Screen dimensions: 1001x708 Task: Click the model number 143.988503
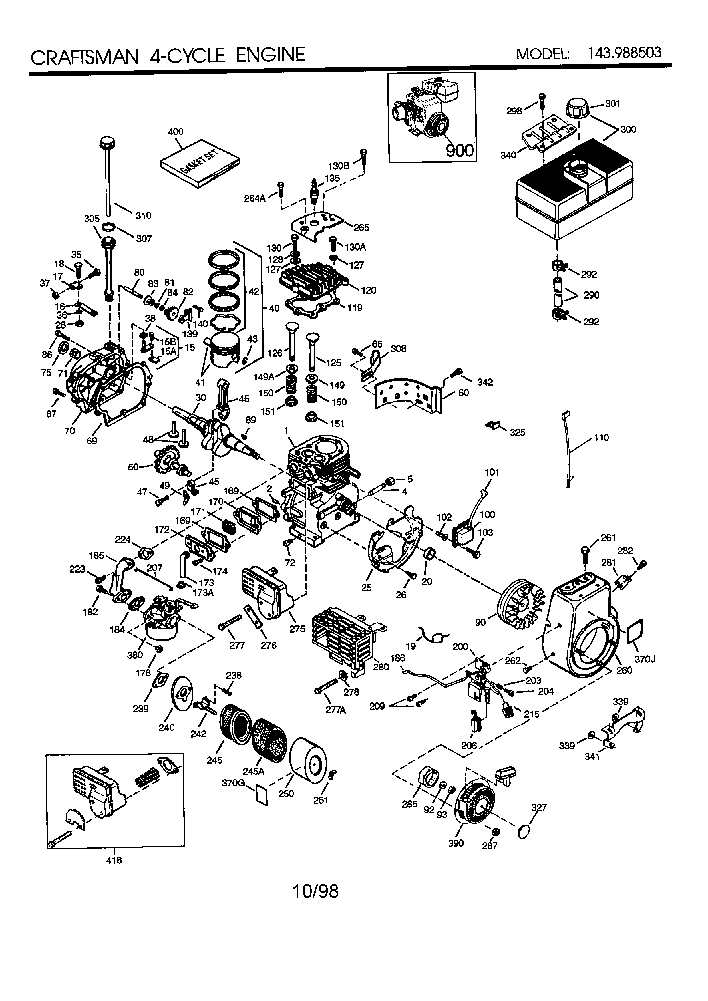[624, 53]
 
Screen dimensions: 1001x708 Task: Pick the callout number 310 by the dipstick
[143, 215]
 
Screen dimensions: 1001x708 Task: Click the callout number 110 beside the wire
[601, 438]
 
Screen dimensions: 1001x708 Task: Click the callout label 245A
[253, 771]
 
